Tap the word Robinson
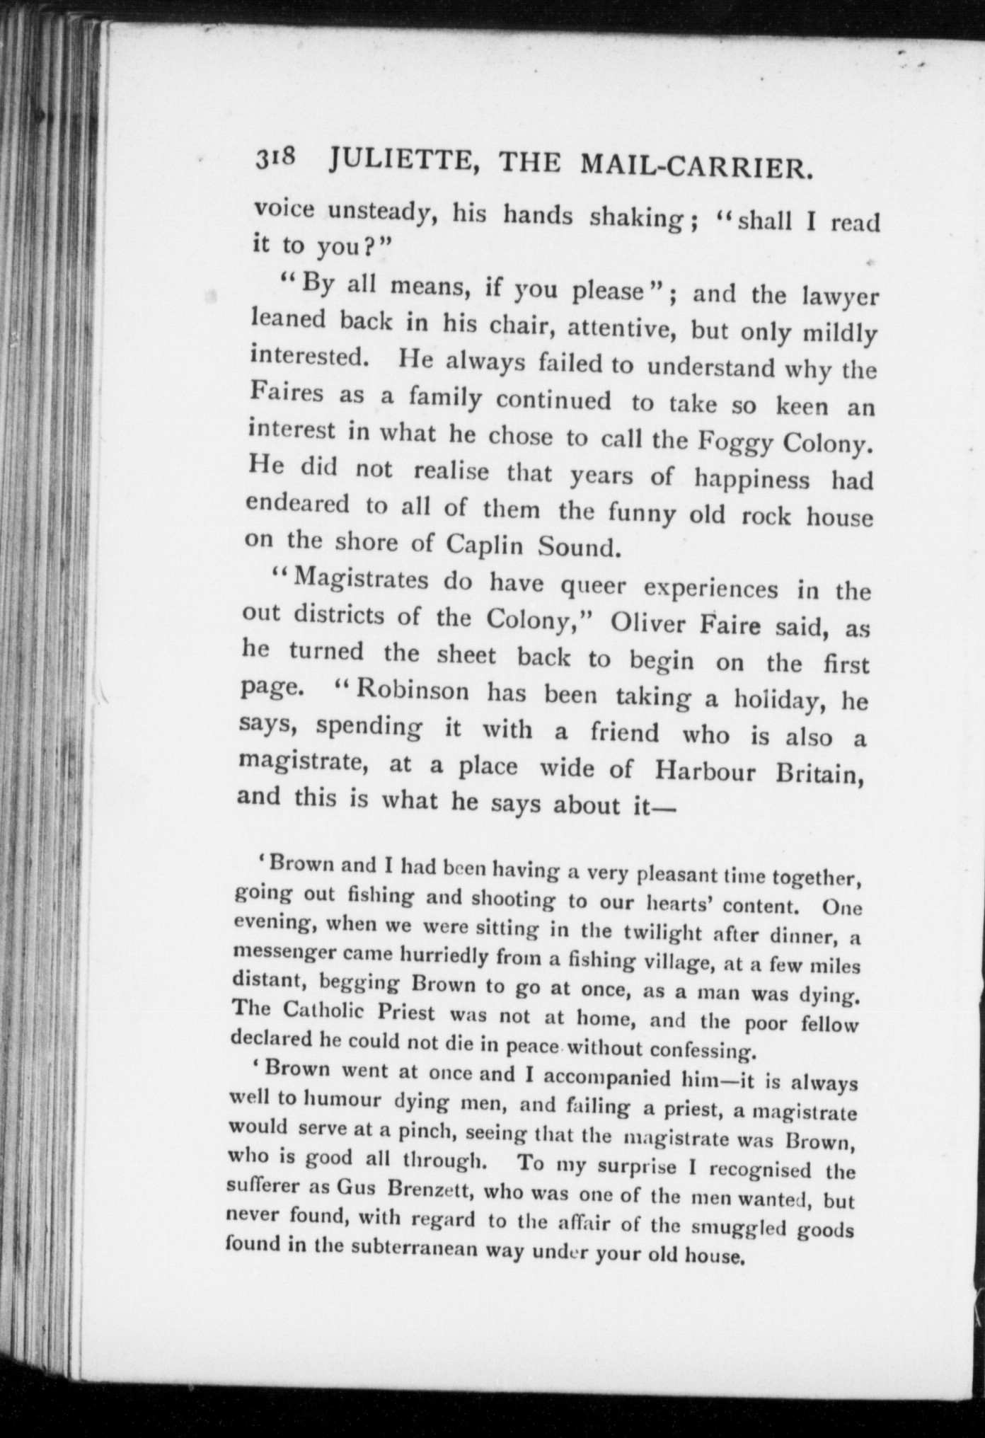click(x=412, y=691)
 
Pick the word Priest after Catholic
click(x=406, y=1013)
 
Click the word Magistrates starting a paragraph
click(x=360, y=580)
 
